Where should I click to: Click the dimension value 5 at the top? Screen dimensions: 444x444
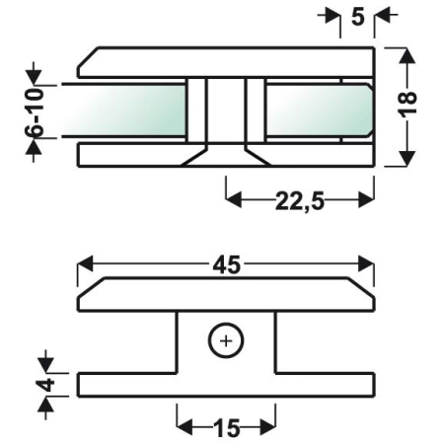[358, 17]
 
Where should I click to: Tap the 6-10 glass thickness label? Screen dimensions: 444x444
[35, 111]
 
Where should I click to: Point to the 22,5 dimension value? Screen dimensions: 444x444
[300, 200]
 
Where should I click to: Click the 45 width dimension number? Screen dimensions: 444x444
[227, 265]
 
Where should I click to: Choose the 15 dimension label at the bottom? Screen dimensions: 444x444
[227, 428]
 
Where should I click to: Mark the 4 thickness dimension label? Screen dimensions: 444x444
[46, 385]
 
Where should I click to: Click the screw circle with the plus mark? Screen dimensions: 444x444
[226, 340]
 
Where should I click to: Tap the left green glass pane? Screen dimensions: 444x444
[124, 111]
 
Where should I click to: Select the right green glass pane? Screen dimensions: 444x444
[319, 111]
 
